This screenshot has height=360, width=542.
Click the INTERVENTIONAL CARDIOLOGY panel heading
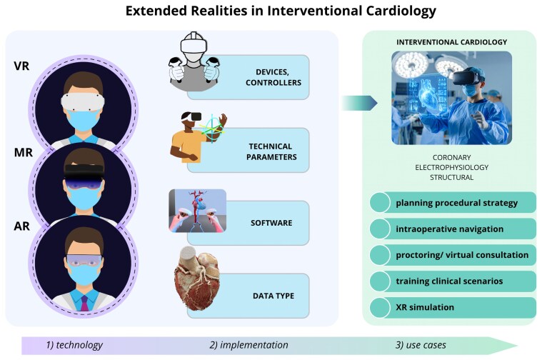click(451, 41)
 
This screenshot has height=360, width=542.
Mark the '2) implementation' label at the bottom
click(249, 345)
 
